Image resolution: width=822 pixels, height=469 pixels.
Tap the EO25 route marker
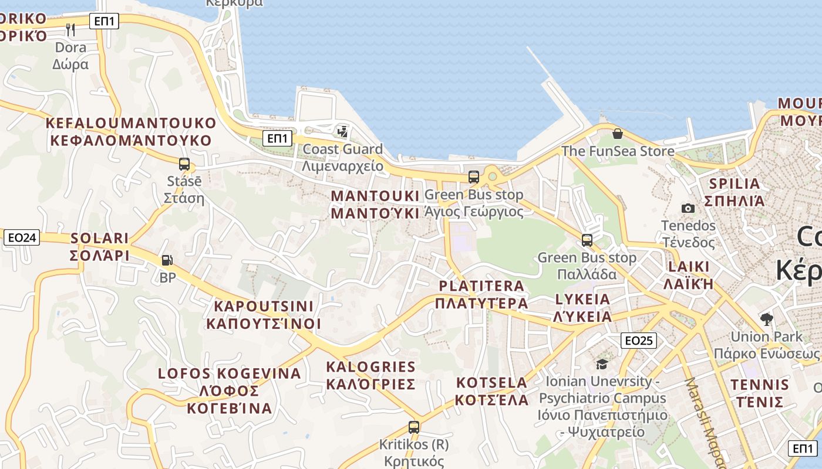pos(639,340)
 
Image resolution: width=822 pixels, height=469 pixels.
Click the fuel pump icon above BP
pos(167,260)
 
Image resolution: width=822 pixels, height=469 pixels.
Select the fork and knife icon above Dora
pos(70,29)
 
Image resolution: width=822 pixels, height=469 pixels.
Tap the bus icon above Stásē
pos(184,164)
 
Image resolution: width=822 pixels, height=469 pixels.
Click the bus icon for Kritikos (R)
pos(414,427)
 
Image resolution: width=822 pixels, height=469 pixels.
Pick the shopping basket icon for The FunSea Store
pos(617,134)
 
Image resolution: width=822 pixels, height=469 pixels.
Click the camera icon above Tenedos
pos(688,208)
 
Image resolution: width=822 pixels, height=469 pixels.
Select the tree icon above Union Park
pos(766,320)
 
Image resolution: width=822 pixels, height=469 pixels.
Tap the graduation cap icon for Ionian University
pos(602,364)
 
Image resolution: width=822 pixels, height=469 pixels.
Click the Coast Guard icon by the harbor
pos(342,131)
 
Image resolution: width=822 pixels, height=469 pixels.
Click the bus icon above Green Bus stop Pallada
pos(587,240)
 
